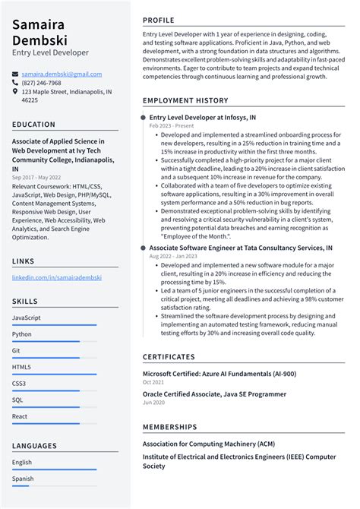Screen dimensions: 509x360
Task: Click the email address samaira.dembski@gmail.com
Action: [x=62, y=74]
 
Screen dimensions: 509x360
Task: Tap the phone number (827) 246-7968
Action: [x=42, y=83]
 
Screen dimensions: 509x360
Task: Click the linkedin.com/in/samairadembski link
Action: [x=57, y=278]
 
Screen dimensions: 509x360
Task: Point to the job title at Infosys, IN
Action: [x=202, y=118]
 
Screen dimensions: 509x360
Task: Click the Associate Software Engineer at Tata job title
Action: [x=240, y=248]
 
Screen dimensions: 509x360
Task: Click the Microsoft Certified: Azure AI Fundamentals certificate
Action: [x=219, y=374]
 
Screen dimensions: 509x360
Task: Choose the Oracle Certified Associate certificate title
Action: [x=214, y=394]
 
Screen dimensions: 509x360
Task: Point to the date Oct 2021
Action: [x=154, y=382]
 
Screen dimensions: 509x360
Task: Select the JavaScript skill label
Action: [x=27, y=318]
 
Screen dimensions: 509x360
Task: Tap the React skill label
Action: [x=21, y=416]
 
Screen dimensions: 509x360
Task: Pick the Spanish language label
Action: [x=23, y=479]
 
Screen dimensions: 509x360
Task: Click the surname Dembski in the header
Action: [x=40, y=38]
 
